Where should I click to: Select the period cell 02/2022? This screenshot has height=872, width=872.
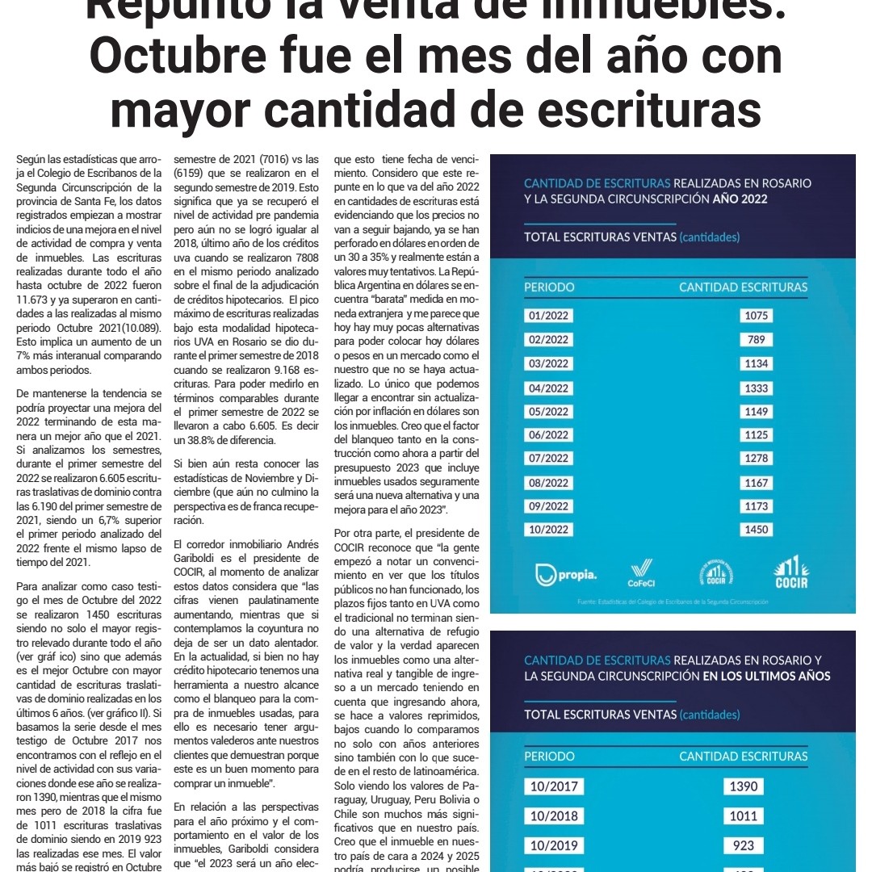pyautogui.click(x=548, y=340)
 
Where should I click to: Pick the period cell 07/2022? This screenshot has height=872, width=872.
pyautogui.click(x=548, y=459)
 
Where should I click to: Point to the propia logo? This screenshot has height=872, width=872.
pyautogui.click(x=567, y=575)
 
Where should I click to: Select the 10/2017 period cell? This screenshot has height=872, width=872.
pyautogui.click(x=554, y=786)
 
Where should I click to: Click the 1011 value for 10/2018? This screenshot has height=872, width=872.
pyautogui.click(x=744, y=815)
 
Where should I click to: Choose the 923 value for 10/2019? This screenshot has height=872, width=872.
pyautogui.click(x=744, y=845)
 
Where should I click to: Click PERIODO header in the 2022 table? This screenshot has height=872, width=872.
pyautogui.click(x=549, y=287)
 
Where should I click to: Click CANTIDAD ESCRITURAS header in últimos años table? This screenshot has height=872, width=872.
pyautogui.click(x=743, y=757)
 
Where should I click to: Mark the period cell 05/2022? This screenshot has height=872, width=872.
pyautogui.click(x=548, y=411)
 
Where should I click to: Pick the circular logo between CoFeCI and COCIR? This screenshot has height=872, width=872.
pyautogui.click(x=715, y=573)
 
